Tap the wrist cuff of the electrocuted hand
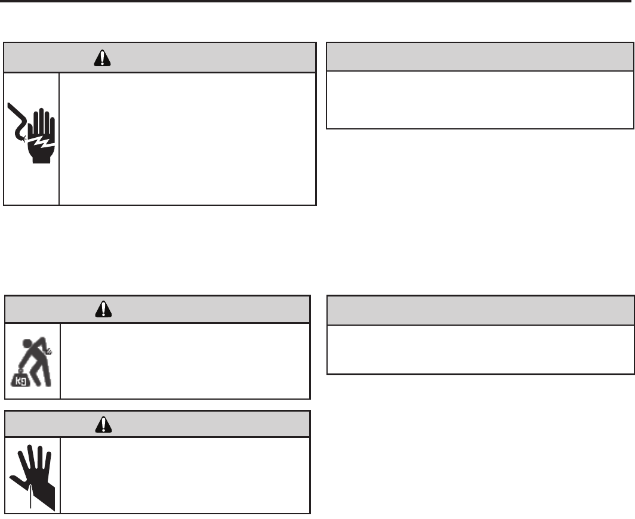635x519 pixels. pyautogui.click(x=42, y=157)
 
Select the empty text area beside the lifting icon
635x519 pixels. pyautogui.click(x=185, y=360)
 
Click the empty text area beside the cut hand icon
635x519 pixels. pyautogui.click(x=185, y=475)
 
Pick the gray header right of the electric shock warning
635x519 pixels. pyautogui.click(x=480, y=57)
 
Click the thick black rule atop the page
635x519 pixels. pyautogui.click(x=317, y=1)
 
